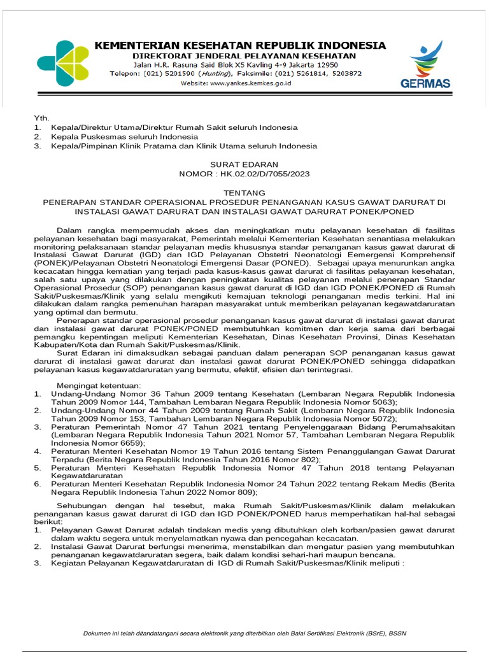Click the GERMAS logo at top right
[425, 64]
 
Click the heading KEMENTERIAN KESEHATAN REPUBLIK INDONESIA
[240, 45]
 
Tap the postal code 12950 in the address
[324, 65]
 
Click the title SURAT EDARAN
[244, 164]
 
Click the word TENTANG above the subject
[244, 192]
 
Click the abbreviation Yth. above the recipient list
[41, 118]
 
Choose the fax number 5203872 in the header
[344, 74]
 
